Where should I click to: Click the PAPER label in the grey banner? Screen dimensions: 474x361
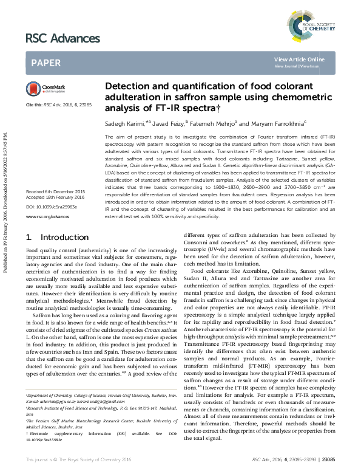[x=46, y=62]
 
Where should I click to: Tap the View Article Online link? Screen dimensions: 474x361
[x=299, y=59]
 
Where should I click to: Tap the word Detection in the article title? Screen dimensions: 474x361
[x=126, y=87]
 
